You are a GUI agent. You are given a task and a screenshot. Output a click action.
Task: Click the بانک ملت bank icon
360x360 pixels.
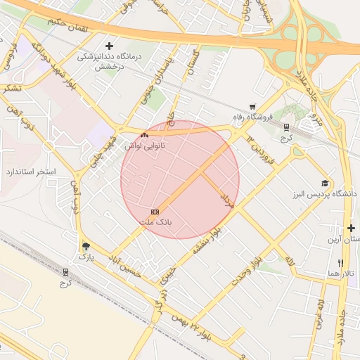click(x=155, y=212)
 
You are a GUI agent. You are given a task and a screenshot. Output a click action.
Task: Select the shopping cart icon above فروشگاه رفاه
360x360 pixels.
click(x=252, y=106)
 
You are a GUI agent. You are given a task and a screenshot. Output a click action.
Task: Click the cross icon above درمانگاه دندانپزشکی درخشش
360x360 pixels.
click(x=108, y=46)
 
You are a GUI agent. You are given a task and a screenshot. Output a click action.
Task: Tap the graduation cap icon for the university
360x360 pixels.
click(x=325, y=183)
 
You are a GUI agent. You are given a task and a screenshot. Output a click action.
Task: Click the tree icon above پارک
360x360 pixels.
click(x=86, y=246)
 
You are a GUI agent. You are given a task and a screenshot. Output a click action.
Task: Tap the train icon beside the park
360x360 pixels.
click(x=66, y=271)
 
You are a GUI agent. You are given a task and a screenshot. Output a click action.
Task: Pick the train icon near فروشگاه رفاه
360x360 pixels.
click(x=286, y=127)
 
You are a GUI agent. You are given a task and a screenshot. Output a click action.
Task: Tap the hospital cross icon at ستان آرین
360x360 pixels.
click(x=351, y=229)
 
